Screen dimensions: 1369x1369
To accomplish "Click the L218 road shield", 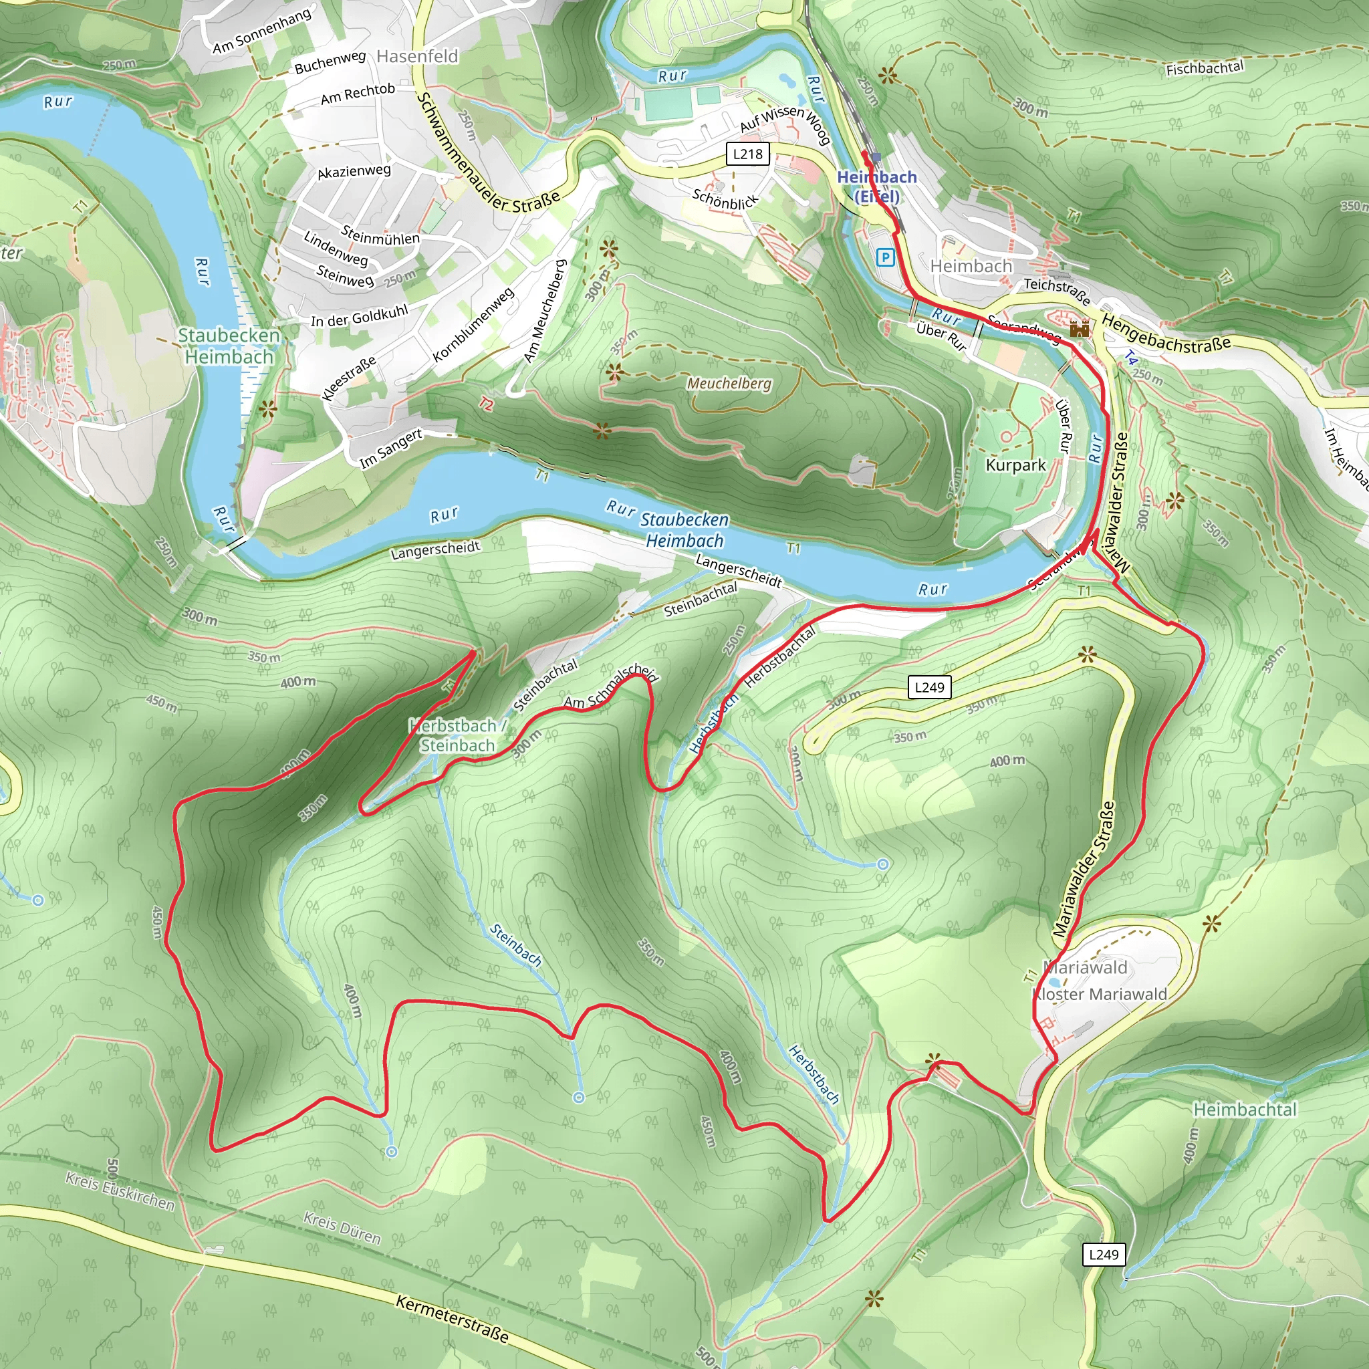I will (x=747, y=154).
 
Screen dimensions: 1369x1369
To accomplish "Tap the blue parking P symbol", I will (x=884, y=257).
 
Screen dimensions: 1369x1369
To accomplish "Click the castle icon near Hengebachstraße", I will (x=1078, y=328).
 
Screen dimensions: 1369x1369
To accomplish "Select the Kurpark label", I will (x=1015, y=465).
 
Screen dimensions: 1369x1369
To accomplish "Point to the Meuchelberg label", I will (x=729, y=383).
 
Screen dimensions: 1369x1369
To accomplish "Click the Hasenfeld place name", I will (x=417, y=56).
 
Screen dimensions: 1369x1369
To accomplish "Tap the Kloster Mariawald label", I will (x=1098, y=994).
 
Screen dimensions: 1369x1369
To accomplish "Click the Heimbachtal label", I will (x=1245, y=1110).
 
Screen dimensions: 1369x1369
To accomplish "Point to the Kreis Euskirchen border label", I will (x=120, y=1191).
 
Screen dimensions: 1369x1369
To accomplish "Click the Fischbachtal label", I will (x=1205, y=68).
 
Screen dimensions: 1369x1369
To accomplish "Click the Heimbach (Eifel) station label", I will (x=876, y=186).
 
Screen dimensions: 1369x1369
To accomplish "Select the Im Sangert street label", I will (x=390, y=448).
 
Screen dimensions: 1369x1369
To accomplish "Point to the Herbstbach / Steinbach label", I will (x=458, y=735).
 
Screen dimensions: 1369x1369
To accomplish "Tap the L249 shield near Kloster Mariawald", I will (x=1103, y=1254).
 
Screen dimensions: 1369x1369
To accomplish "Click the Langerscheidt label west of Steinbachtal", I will (x=435, y=550).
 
